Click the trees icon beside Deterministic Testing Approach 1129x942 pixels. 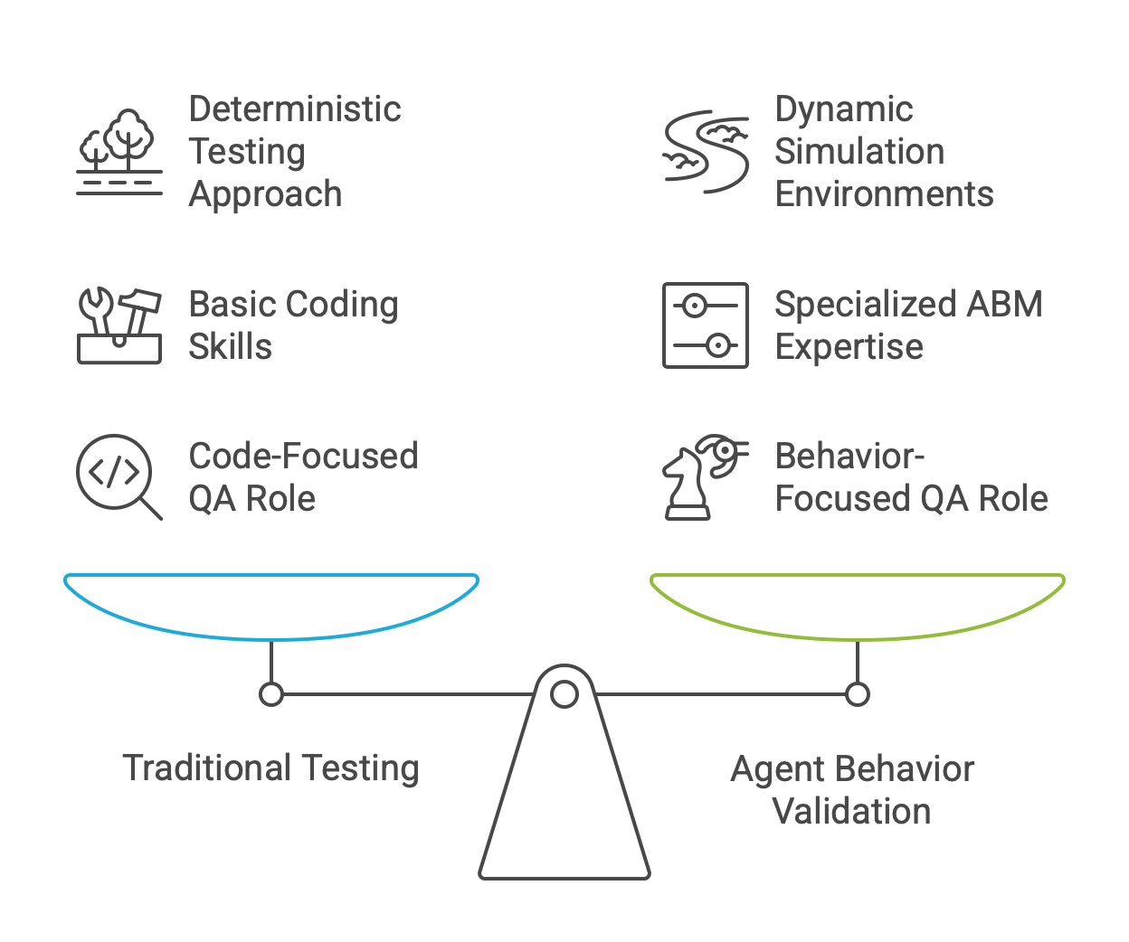pyautogui.click(x=119, y=152)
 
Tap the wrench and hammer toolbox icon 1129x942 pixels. pyautogui.click(x=119, y=325)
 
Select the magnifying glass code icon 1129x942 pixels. pyautogui.click(x=118, y=476)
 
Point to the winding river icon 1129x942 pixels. pyautogui.click(x=706, y=152)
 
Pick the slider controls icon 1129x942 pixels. pyautogui.click(x=706, y=325)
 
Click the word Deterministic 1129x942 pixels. pyautogui.click(x=295, y=109)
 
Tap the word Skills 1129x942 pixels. pyautogui.click(x=230, y=347)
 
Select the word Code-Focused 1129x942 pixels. pyautogui.click(x=303, y=457)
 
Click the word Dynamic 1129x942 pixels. pyautogui.click(x=843, y=109)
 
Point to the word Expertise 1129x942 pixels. pyautogui.click(x=849, y=347)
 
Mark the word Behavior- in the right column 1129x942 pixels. pyautogui.click(x=849, y=457)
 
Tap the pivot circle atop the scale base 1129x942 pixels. pyautogui.click(x=564, y=694)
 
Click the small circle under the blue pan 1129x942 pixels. pyautogui.click(x=271, y=694)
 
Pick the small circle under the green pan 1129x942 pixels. pyautogui.click(x=858, y=694)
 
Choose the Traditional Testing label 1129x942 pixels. pyautogui.click(x=271, y=768)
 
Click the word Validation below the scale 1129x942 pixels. pyautogui.click(x=852, y=811)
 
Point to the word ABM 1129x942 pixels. pyautogui.click(x=1003, y=305)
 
